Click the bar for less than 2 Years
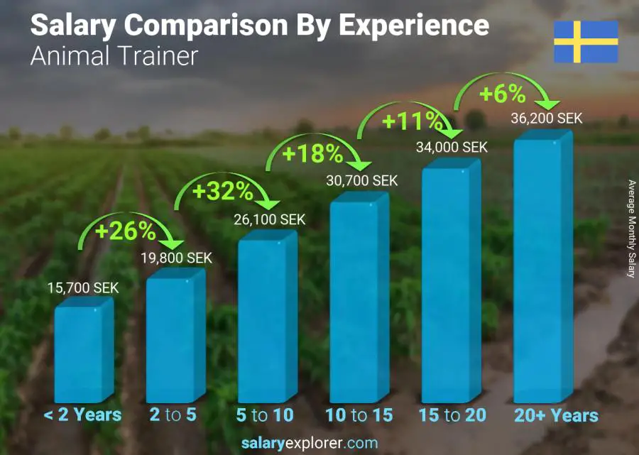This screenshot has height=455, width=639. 83,353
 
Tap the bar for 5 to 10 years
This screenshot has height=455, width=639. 266,320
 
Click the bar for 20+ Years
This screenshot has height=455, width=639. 542,270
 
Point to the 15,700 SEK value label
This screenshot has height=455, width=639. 83,288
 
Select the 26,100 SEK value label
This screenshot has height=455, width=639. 269,220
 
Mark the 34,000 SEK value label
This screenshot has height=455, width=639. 452,147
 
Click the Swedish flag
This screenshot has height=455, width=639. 586,42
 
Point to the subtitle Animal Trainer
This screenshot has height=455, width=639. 114,55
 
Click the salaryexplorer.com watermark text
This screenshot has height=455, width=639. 310,444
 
